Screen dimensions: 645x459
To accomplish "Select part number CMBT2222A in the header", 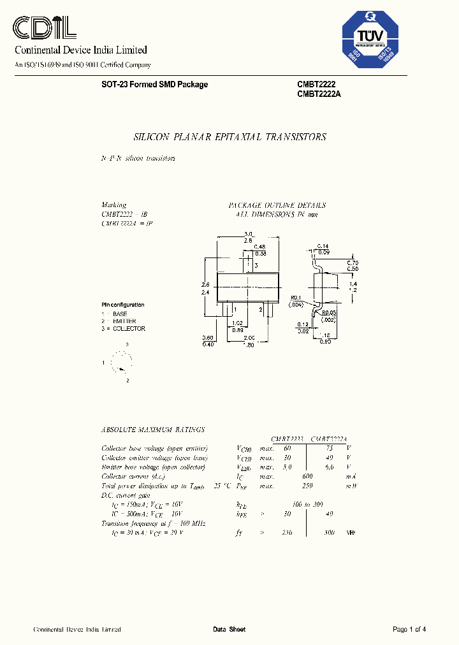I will [x=319, y=94].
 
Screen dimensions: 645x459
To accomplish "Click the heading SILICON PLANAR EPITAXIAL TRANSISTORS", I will [x=229, y=137].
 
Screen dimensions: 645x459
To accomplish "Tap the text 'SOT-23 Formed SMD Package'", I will [x=154, y=85].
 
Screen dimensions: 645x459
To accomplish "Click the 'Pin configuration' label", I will [x=123, y=305].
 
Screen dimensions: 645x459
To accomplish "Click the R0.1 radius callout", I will [x=296, y=298].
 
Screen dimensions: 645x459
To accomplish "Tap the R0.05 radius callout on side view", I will [x=329, y=313].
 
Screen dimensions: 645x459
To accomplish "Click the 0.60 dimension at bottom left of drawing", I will [x=207, y=338].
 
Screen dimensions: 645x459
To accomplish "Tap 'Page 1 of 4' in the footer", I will [x=409, y=630].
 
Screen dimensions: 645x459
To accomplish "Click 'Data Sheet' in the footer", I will [x=229, y=630].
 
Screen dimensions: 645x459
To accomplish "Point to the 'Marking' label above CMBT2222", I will [x=114, y=205].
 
